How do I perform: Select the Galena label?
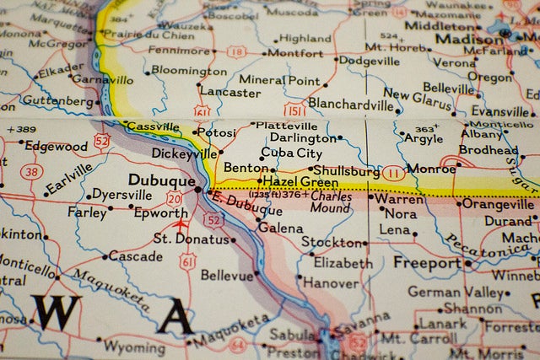point(280,228)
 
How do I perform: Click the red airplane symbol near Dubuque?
point(181,225)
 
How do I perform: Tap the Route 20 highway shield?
point(174,199)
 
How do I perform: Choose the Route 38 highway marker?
point(32,172)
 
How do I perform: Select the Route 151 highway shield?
point(293,110)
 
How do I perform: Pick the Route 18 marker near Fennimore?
point(236,52)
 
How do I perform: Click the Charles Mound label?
point(330,201)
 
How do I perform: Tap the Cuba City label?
point(291,153)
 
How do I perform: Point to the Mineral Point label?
point(279,81)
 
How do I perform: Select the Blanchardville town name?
point(351,104)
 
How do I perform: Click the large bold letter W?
point(56,312)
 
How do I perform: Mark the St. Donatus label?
point(191,239)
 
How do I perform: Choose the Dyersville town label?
point(121,195)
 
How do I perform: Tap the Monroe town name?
point(430,169)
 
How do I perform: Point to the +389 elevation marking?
point(21,129)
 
